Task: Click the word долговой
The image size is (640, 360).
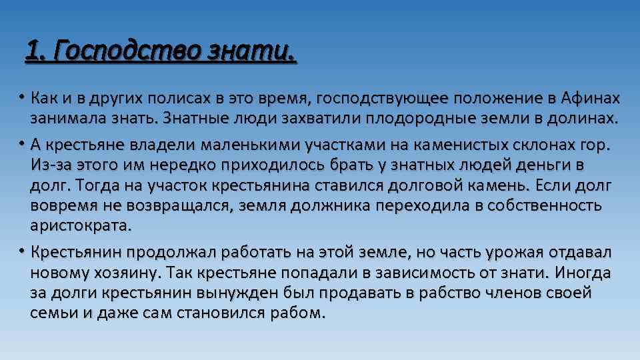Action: pyautogui.click(x=385, y=185)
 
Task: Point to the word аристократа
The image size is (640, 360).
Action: pyautogui.click(x=81, y=225)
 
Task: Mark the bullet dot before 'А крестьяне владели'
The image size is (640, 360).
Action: pyautogui.click(x=22, y=143)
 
